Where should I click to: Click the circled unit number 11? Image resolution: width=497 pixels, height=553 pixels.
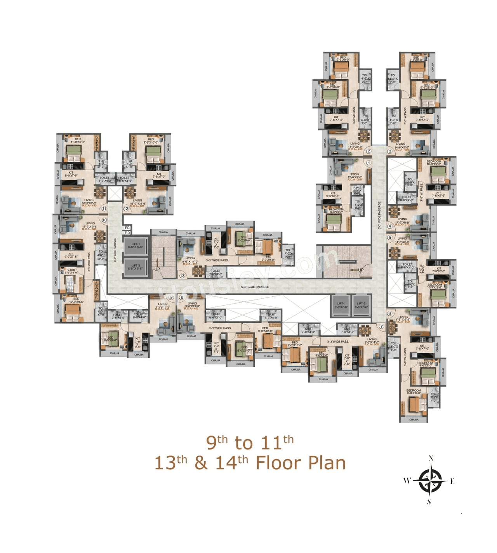click(104, 209)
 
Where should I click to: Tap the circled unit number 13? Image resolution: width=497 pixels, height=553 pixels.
click(182, 276)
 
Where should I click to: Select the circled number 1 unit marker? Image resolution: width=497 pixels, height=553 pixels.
click(368, 163)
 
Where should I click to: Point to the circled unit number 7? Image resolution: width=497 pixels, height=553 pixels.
click(381, 326)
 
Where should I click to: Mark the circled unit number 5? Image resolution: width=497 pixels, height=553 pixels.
click(389, 237)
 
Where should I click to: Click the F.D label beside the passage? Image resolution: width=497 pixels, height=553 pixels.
click(127, 227)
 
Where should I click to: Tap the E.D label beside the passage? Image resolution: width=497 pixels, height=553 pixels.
click(127, 233)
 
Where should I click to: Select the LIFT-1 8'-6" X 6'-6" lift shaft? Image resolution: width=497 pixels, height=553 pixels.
click(136, 246)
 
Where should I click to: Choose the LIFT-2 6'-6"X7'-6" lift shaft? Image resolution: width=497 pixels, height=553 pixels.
click(361, 305)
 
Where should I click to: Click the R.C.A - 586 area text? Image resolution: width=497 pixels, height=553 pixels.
click(89, 229)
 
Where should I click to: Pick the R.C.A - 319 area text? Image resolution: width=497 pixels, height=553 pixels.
click(355, 179)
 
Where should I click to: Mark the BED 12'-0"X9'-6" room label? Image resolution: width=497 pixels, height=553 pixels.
click(76, 300)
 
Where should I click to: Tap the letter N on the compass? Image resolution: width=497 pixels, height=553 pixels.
click(431, 458)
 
